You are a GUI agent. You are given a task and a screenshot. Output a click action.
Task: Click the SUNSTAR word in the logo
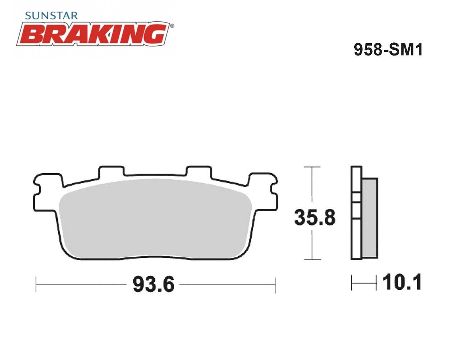51,16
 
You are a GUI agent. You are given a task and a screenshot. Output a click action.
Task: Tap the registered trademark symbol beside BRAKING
172,26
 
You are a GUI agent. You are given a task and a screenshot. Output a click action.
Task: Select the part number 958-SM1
388,50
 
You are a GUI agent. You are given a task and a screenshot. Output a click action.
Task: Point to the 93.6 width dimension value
154,284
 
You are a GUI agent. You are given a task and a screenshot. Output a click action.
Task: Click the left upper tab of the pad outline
112,171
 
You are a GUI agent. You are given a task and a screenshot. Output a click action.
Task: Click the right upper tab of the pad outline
199,171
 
